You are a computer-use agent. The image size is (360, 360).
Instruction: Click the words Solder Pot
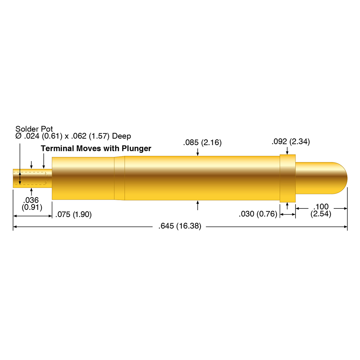tap(34, 129)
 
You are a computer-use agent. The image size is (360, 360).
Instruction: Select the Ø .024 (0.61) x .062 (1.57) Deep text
tap(73, 136)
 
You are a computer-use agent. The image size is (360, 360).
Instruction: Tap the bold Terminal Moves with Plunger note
tap(96, 148)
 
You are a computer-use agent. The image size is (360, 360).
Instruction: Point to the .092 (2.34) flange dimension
tap(291, 141)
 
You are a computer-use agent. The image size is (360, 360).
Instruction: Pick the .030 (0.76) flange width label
tap(258, 215)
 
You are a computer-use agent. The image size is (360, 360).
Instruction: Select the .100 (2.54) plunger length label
tap(321, 211)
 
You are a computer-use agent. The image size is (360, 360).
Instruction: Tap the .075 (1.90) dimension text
tap(73, 215)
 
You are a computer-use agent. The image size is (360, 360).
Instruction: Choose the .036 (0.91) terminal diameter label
tap(32, 204)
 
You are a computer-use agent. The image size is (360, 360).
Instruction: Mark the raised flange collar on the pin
tap(288, 178)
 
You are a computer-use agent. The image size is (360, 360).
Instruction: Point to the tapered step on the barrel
tap(120, 178)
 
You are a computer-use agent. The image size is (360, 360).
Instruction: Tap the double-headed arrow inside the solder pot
tap(20, 178)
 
